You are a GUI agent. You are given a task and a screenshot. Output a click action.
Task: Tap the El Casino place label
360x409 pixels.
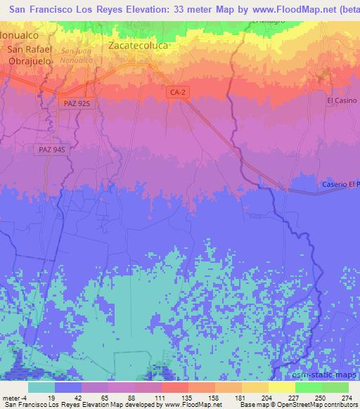click(x=342, y=100)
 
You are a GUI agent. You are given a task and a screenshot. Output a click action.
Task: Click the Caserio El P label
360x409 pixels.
click(x=340, y=184)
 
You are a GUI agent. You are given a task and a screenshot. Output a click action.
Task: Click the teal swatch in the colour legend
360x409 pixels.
click(x=41, y=387)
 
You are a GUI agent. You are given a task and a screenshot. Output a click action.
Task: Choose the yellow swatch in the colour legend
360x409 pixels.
click(x=282, y=387)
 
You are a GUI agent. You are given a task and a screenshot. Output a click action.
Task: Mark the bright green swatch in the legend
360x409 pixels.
click(x=309, y=387)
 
